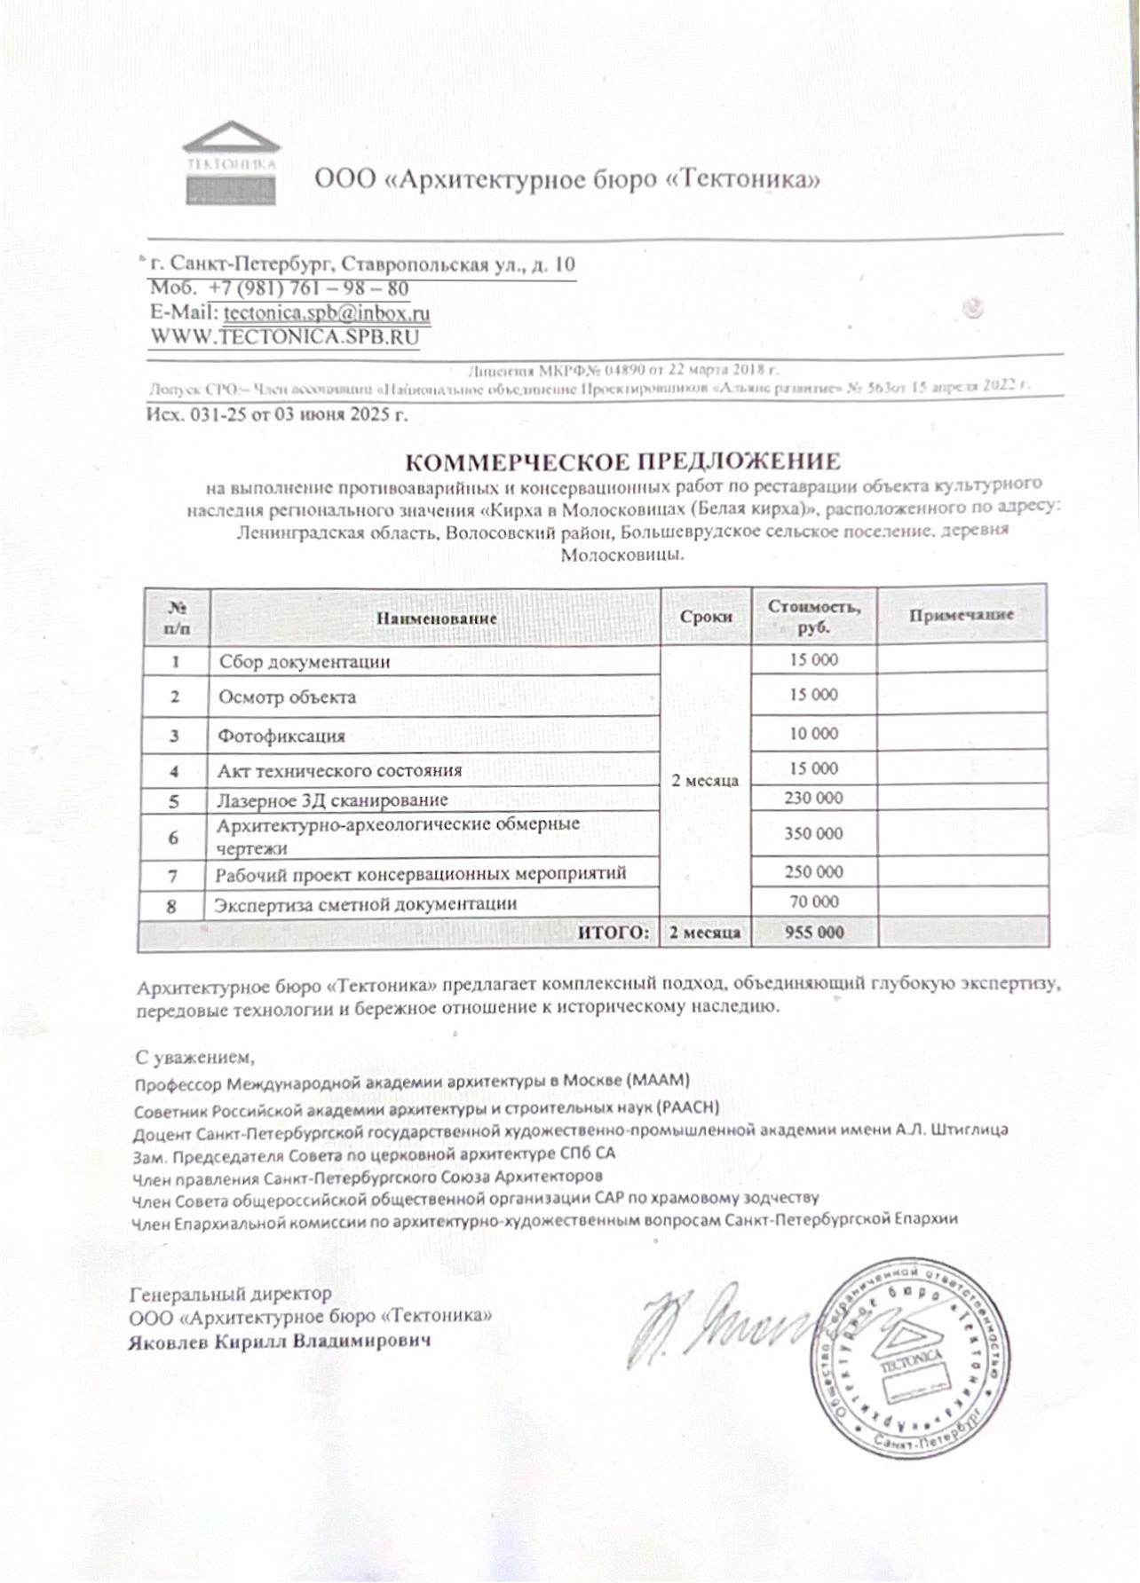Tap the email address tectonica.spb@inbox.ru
[327, 313]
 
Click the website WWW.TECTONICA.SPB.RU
[284, 337]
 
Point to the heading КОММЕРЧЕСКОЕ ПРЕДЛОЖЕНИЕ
[622, 461]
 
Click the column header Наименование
[436, 618]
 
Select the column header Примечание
[961, 615]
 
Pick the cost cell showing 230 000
[813, 798]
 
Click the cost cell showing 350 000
[813, 833]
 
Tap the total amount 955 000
[814, 933]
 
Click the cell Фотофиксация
[281, 736]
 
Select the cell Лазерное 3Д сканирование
[332, 800]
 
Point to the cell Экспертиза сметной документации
[365, 904]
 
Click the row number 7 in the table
[173, 876]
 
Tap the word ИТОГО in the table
[614, 933]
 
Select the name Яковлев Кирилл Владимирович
[280, 1341]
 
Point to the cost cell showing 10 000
[813, 734]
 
